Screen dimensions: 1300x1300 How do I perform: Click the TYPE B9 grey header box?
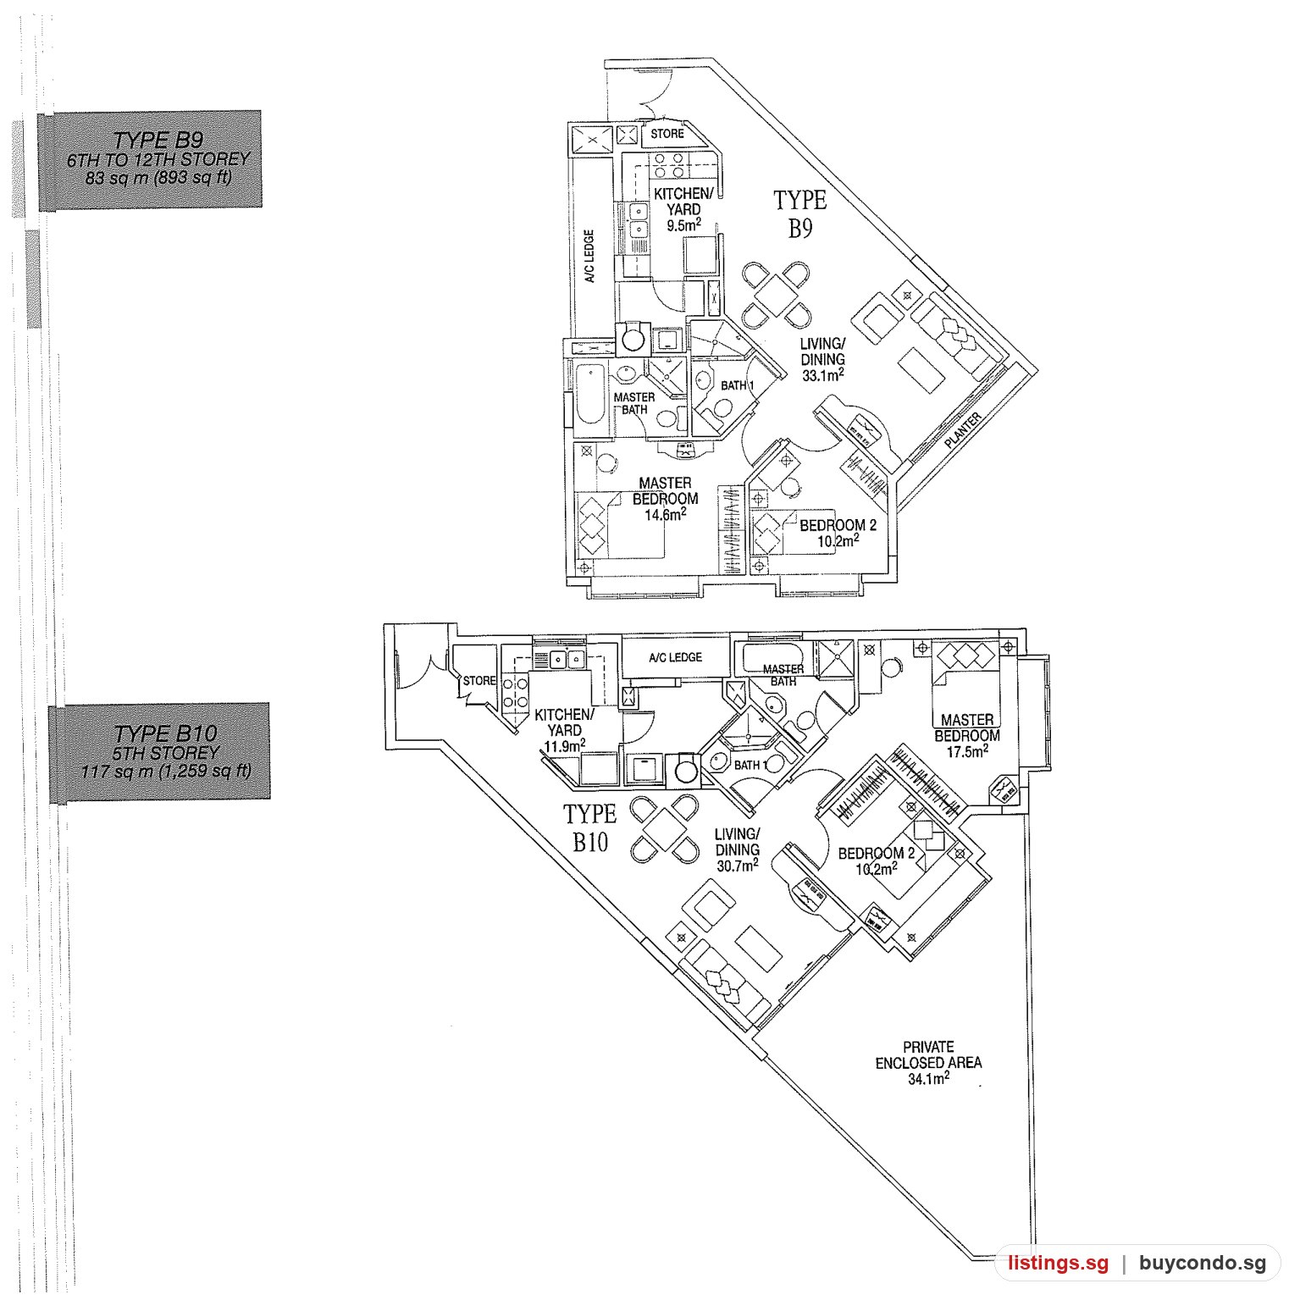point(150,159)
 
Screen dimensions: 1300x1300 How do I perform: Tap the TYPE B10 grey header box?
point(160,752)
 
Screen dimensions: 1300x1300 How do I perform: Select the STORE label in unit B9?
point(667,134)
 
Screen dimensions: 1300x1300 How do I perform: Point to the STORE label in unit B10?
point(479,681)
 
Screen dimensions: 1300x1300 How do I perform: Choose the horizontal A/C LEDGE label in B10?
point(675,658)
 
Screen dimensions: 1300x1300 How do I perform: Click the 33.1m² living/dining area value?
point(822,374)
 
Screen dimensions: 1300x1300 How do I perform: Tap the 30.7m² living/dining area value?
point(737,866)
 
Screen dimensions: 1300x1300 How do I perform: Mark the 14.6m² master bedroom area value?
point(665,514)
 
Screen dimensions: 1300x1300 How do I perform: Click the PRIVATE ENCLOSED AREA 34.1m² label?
point(929,1063)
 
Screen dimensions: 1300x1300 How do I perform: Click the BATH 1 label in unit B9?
point(737,386)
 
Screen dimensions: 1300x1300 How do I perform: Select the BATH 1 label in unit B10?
point(751,766)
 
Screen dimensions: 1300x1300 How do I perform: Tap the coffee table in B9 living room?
point(920,370)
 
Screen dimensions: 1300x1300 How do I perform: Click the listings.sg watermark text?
point(1058,1264)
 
